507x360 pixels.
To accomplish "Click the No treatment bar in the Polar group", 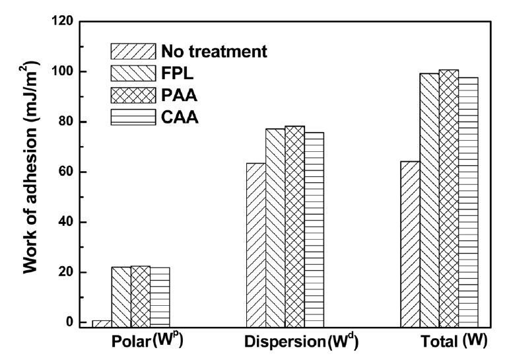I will coord(101,324).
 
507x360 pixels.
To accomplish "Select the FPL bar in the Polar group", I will coord(121,297).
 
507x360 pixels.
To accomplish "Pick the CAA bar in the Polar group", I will coord(160,297).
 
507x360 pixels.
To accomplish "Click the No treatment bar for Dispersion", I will coord(255,244).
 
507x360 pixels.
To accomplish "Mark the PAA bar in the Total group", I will coord(449,198).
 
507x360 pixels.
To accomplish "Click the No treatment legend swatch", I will coord(133,52).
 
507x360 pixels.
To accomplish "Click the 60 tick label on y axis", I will coord(63,172).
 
